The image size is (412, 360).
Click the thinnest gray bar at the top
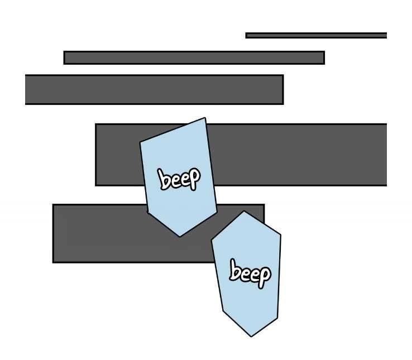[x=316, y=35]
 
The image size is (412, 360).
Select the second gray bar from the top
[x=194, y=57]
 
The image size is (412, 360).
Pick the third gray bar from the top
[x=154, y=89]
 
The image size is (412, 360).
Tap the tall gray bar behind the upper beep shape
[x=296, y=154]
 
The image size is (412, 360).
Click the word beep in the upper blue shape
[x=179, y=179]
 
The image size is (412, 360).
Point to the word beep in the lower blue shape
[x=250, y=273]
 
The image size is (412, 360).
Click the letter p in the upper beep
[x=193, y=177]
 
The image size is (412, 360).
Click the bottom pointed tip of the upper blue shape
[x=179, y=236]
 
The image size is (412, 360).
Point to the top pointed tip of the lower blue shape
[x=244, y=212]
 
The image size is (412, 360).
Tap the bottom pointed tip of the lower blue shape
[x=251, y=336]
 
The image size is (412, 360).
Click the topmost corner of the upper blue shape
[x=205, y=118]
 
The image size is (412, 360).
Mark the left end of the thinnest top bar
[x=247, y=35]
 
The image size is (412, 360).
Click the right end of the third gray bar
[x=282, y=89]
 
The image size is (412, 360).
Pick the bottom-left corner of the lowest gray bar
[x=54, y=261]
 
